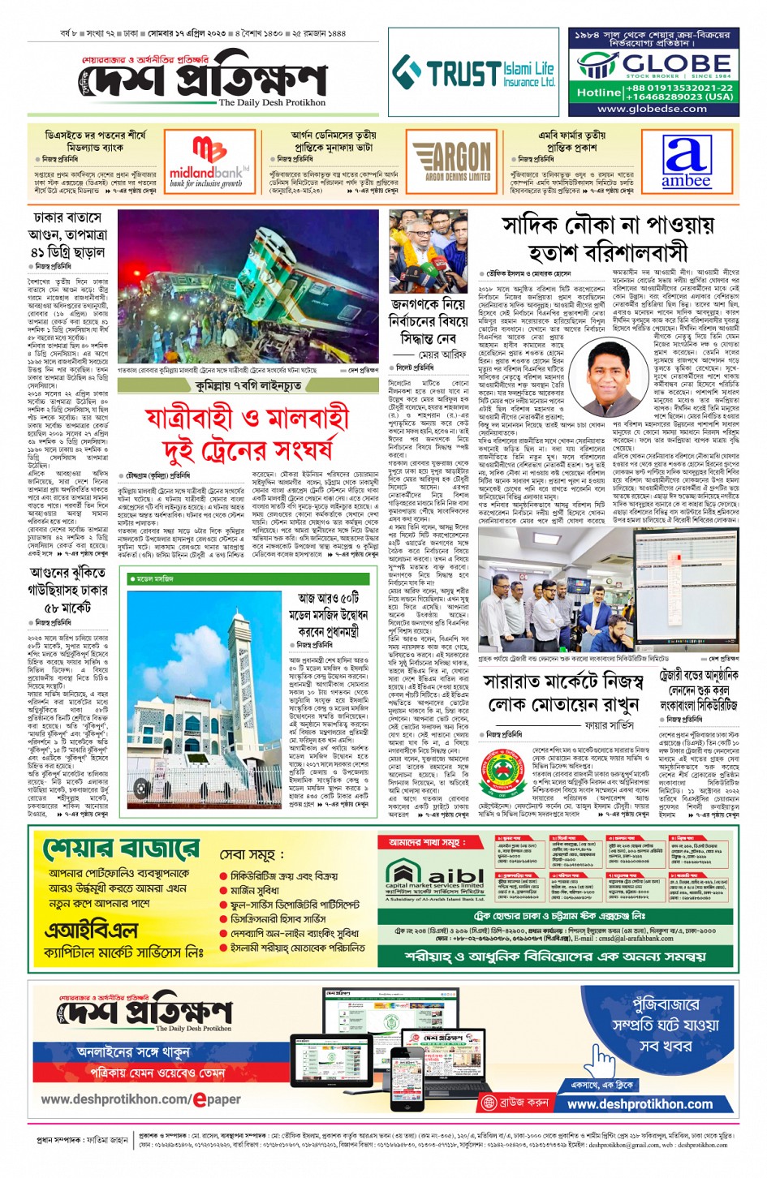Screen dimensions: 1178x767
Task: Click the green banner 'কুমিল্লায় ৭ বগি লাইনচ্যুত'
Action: pyautogui.click(x=248, y=386)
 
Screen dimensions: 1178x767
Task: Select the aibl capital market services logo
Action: pyautogui.click(x=433, y=879)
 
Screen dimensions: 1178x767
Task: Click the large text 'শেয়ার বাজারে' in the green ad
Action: pyautogui.click(x=121, y=849)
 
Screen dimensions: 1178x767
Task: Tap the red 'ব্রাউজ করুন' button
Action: pyautogui.click(x=515, y=1103)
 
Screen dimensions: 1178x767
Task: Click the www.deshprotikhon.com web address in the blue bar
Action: pyautogui.click(x=640, y=1104)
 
